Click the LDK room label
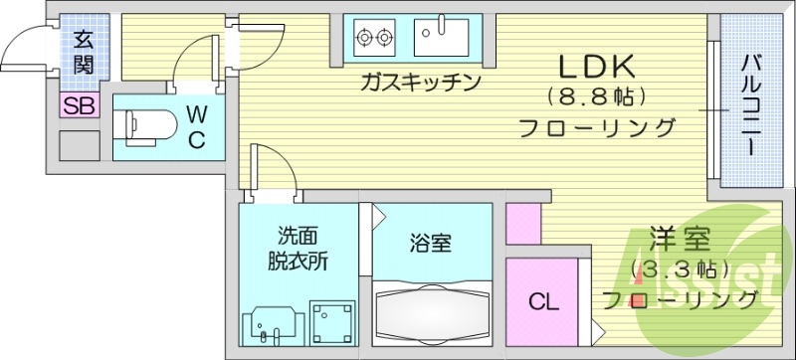tap(595, 67)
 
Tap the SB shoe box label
tap(79, 106)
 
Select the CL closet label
tap(542, 300)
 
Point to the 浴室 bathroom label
tap(431, 241)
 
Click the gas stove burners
tap(373, 38)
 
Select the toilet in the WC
tap(138, 125)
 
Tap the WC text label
tap(196, 126)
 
